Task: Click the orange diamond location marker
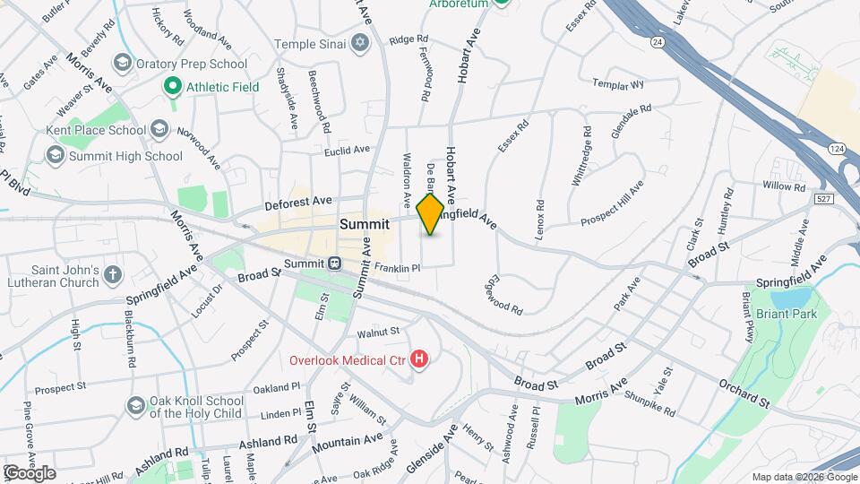point(430,214)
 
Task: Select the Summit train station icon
point(333,264)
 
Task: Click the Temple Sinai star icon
point(360,42)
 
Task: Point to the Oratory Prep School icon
point(122,64)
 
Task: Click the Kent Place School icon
point(159,130)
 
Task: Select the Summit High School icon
point(56,156)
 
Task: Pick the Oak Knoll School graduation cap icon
point(134,406)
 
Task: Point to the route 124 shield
point(836,147)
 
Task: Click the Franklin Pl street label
point(397,268)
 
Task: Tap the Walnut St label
point(377,333)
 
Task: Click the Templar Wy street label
point(618,84)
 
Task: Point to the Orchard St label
point(744,394)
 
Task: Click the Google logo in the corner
point(30,472)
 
